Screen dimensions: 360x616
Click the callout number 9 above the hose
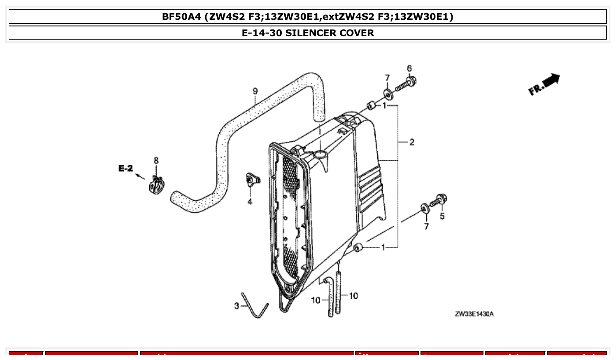255,91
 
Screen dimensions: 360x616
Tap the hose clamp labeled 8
156,184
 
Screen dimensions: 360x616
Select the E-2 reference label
125,169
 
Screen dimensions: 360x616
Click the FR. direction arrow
545,84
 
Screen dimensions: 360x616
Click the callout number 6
409,68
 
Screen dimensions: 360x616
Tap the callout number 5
442,216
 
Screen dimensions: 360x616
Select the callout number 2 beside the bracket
412,142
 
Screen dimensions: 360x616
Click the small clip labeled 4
252,179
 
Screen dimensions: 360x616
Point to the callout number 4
250,202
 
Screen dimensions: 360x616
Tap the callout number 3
236,305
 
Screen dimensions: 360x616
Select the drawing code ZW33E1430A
474,314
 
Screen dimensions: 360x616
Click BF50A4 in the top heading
182,17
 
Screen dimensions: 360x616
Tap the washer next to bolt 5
425,207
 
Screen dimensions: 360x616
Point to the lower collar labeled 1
358,248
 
